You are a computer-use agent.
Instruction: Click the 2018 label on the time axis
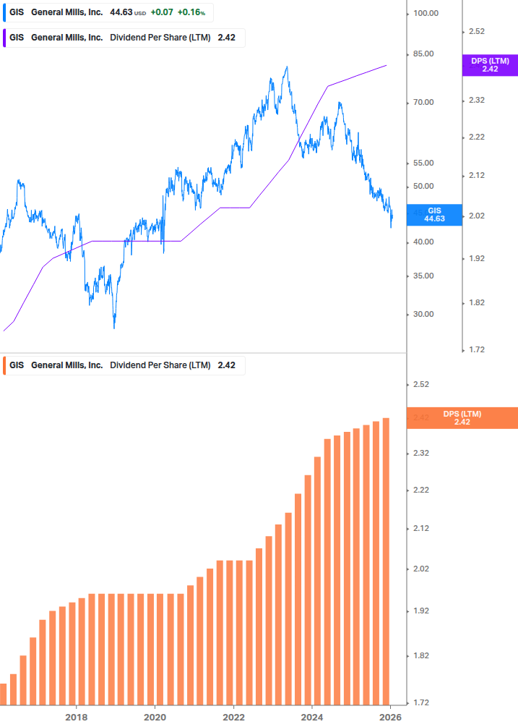click(76, 717)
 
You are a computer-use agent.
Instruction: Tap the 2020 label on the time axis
click(155, 717)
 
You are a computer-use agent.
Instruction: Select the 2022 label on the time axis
click(233, 717)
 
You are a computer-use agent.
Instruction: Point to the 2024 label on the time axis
click(312, 717)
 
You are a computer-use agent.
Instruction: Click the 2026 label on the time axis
click(390, 717)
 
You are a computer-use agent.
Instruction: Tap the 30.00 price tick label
click(421, 314)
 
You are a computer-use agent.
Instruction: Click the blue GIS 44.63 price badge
click(434, 214)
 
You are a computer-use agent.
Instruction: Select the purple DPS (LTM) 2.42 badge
click(490, 65)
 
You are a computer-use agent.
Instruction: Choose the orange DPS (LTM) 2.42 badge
click(462, 418)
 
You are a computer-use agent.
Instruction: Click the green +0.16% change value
click(192, 13)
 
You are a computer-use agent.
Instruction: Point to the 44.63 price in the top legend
click(120, 13)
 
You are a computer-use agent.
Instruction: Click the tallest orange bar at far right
click(387, 561)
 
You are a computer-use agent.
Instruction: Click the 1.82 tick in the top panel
click(476, 302)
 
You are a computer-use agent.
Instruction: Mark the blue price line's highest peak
click(287, 67)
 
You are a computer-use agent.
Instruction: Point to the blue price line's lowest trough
click(114, 328)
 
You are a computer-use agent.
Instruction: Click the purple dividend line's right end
click(387, 65)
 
